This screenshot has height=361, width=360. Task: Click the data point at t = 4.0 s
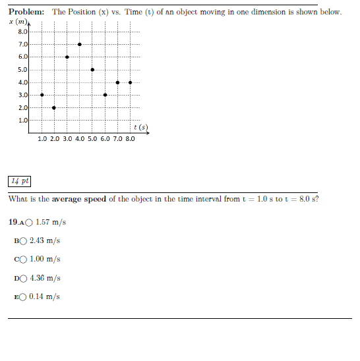click(x=80, y=44)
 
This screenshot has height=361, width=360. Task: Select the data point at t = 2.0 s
click(x=54, y=107)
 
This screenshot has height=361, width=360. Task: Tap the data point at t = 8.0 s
click(x=131, y=82)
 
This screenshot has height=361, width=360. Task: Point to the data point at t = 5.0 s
click(x=92, y=69)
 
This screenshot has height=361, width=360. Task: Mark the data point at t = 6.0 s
click(x=105, y=95)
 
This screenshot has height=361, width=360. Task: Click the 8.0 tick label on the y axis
click(x=22, y=32)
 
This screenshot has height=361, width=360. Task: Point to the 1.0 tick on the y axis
click(x=22, y=120)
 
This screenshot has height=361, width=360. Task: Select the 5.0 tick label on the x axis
click(x=92, y=139)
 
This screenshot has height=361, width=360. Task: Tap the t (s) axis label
click(x=140, y=126)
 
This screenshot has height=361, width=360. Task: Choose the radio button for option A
click(x=30, y=222)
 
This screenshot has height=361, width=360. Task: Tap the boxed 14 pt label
click(x=20, y=180)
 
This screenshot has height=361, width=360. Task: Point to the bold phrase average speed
click(x=79, y=199)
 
